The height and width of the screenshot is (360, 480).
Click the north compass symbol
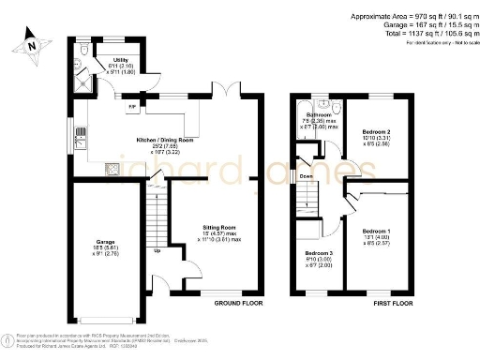[x=31, y=42]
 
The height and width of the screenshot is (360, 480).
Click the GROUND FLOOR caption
[x=237, y=305]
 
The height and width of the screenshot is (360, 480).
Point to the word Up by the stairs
[x=157, y=250]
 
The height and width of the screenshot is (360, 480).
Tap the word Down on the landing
[x=306, y=175]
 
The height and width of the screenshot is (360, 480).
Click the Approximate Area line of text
[x=412, y=17]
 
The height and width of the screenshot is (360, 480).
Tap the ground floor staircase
[x=156, y=216]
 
